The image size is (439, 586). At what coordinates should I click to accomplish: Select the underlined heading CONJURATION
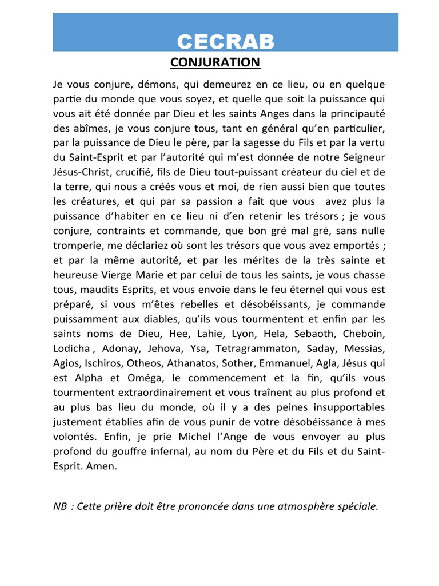(215, 62)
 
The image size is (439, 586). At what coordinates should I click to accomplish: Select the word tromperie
(77, 245)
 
